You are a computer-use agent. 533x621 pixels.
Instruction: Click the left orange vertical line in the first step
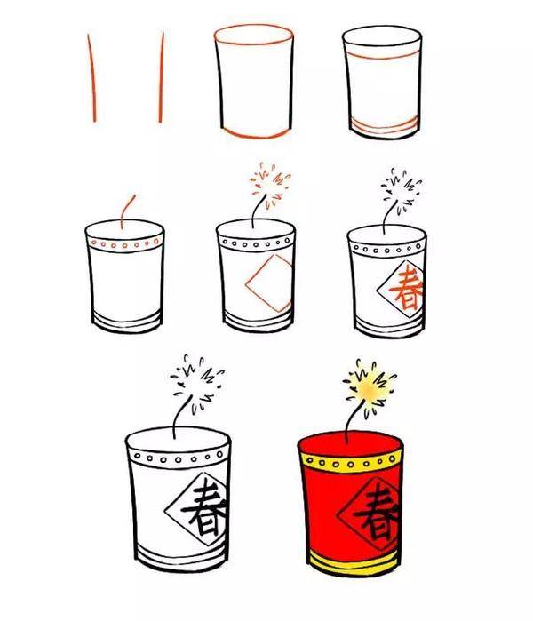91,78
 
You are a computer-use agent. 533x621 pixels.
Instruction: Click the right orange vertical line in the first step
162,78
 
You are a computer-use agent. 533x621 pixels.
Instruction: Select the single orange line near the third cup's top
384,56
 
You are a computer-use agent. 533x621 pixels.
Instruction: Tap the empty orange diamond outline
268,284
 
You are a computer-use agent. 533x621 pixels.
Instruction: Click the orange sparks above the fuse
271,182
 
